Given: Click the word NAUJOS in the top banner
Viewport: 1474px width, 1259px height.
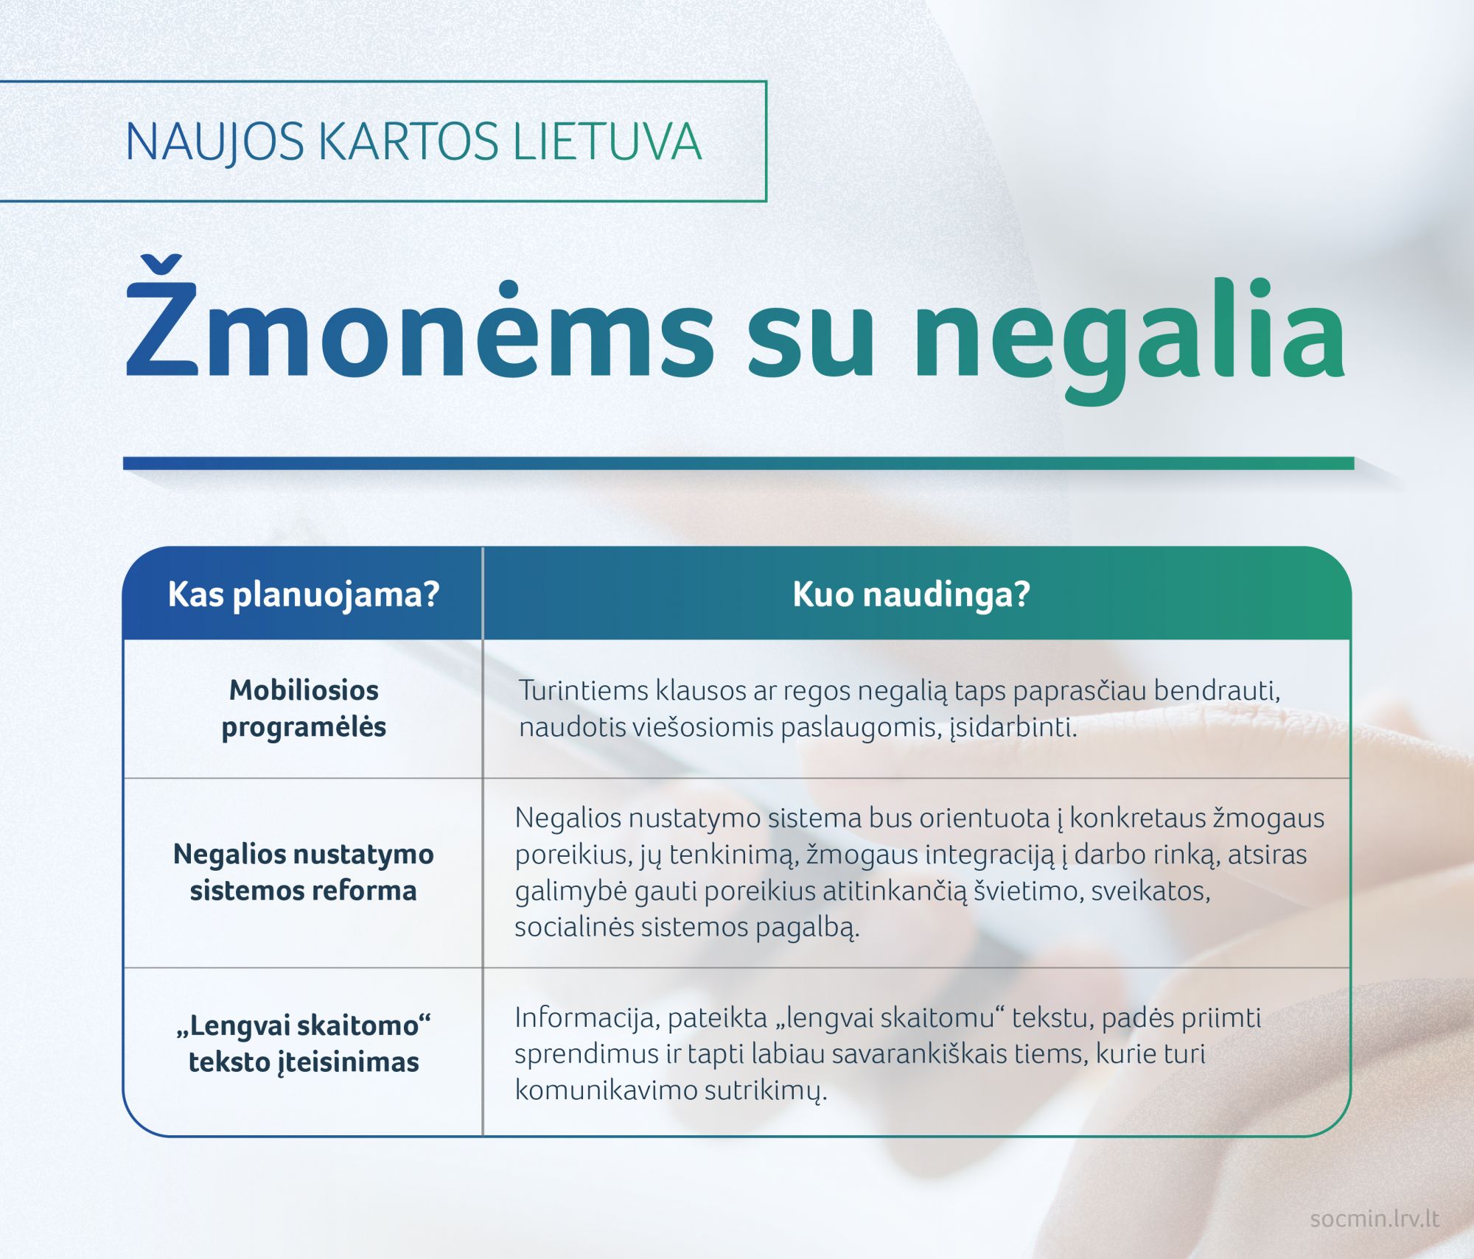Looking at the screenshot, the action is click(x=214, y=142).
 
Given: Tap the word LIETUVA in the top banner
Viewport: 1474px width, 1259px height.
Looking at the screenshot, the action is click(x=607, y=141).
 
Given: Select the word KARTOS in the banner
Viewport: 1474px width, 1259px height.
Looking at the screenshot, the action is click(x=409, y=141).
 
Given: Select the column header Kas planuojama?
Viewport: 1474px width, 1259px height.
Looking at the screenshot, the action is click(x=304, y=595).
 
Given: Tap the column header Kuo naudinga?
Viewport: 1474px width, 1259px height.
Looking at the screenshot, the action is click(x=912, y=595).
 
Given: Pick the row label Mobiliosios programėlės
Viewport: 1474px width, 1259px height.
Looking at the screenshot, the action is click(x=304, y=709).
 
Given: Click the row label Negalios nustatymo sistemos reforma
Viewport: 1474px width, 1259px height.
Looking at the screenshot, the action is click(x=304, y=872).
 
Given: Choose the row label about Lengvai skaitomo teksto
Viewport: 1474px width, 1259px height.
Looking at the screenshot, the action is click(x=304, y=1044).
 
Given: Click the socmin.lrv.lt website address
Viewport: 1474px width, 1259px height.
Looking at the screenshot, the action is click(x=1375, y=1218).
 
